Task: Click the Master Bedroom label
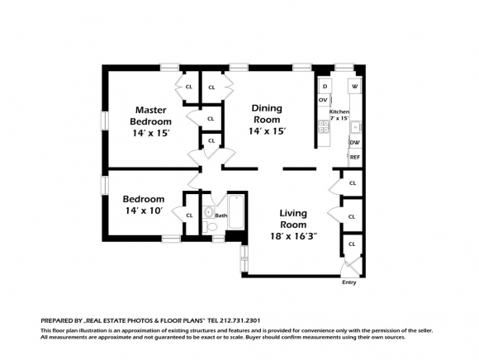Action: point(150,116)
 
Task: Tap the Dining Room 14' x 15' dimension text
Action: point(267,131)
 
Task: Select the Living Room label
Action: point(293,219)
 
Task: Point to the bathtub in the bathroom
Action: point(236,212)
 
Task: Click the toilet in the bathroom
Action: point(210,226)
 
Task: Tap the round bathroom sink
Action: point(209,211)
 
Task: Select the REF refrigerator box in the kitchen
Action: point(355,157)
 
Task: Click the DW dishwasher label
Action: point(355,143)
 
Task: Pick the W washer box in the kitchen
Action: point(354,86)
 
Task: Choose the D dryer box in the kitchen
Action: point(325,87)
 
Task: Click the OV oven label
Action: point(323,100)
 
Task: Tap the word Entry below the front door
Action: point(349,282)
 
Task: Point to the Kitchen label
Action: point(339,111)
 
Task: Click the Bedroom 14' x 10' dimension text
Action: point(144,211)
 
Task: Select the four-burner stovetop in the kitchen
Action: point(324,126)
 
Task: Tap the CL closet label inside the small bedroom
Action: point(189,216)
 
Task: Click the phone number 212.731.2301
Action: point(239,320)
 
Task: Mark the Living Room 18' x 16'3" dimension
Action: point(293,236)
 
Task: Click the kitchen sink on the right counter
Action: point(355,128)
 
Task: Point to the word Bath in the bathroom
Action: point(221,216)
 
